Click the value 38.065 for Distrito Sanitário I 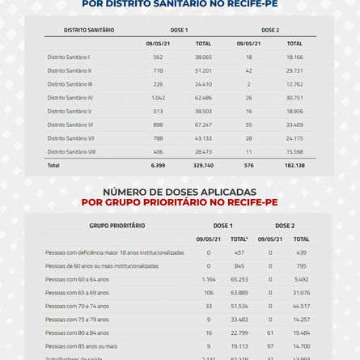[203, 57]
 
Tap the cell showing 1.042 [158, 98]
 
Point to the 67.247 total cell [203, 125]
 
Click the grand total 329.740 [203, 165]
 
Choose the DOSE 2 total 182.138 [294, 165]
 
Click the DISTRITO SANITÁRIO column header [89, 30]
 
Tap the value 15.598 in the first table [294, 151]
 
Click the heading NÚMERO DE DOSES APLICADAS [180, 192]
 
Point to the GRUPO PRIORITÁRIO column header [117, 225]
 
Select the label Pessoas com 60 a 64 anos [88, 279]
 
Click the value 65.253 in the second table [239, 279]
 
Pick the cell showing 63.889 [239, 292]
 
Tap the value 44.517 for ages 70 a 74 [301, 306]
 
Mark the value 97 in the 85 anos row [270, 346]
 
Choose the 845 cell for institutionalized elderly [239, 265]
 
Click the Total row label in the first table [53, 165]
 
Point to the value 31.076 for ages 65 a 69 [301, 292]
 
